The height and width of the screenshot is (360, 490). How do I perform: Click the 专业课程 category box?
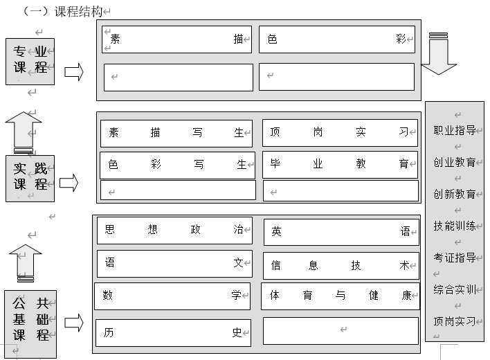pos(30,62)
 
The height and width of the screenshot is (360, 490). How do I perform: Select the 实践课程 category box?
pos(30,179)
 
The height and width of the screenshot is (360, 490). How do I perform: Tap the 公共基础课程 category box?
pos(30,324)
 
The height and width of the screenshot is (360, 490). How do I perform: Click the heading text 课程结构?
pos(78,12)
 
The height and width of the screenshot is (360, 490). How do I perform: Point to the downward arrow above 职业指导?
pos(438,54)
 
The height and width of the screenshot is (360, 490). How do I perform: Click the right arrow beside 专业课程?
pos(74,72)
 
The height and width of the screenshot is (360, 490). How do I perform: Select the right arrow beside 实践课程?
pos(69,183)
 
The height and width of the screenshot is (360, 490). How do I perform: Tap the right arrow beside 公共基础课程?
pos(74,323)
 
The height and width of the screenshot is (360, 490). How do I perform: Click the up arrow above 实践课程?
pos(24,132)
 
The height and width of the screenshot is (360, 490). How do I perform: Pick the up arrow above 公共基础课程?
pos(26,263)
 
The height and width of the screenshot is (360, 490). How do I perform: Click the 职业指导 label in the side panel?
pos(455,130)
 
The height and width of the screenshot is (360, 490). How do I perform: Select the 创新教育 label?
pos(455,194)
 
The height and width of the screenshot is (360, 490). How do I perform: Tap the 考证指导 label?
pos(455,258)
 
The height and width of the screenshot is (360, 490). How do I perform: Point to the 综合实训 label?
pos(455,289)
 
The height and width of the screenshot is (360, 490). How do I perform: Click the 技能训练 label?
pos(455,226)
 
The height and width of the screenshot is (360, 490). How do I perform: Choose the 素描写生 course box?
pos(176,134)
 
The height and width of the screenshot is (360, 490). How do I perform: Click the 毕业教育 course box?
pos(340,165)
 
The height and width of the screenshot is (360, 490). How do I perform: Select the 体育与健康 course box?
pos(341,296)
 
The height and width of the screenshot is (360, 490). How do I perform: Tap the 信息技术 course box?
pos(341,266)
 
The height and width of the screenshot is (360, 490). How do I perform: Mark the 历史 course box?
pos(173,333)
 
